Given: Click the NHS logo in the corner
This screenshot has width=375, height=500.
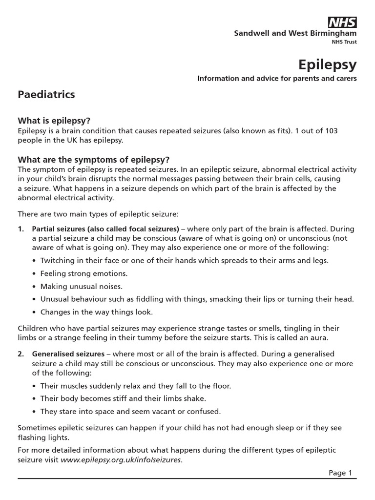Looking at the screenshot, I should click(x=342, y=22).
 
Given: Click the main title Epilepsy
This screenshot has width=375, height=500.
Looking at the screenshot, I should click(x=327, y=64).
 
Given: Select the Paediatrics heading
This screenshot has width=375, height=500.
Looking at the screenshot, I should click(x=46, y=94).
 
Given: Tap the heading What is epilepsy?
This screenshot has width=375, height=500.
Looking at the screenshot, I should click(x=54, y=121).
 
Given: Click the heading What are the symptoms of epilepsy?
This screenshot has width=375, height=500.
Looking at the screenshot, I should click(x=93, y=160).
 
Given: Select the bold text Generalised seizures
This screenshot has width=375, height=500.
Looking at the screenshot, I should click(x=68, y=354).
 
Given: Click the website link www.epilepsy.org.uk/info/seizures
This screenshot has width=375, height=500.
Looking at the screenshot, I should click(x=121, y=459).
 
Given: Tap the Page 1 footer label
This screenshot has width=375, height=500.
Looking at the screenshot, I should click(x=340, y=473).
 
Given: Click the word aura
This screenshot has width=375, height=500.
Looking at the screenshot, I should click(x=320, y=338).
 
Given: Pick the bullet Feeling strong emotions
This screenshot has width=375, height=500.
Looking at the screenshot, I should click(x=83, y=273).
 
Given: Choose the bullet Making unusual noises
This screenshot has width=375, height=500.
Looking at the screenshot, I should click(x=81, y=286).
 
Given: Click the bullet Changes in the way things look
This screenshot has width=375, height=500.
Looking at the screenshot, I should click(x=96, y=312).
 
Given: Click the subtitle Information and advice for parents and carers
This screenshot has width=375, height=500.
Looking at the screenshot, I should click(x=277, y=78).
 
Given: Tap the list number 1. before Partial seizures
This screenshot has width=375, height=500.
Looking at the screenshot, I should click(x=21, y=229).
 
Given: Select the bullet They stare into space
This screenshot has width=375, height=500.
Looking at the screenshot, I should click(x=130, y=411).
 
